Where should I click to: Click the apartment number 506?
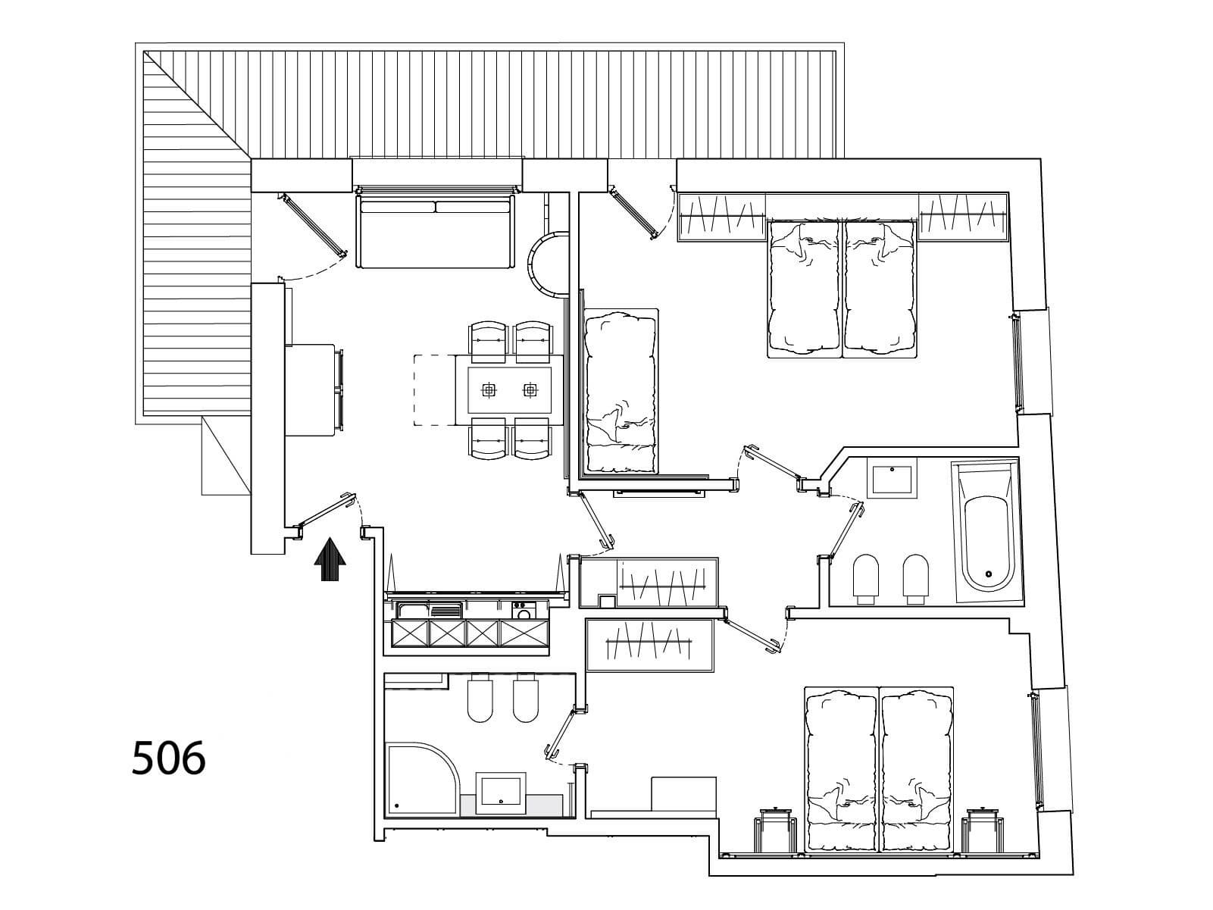[168, 758]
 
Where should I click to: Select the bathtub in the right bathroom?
[986, 533]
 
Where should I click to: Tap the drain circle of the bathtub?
[989, 574]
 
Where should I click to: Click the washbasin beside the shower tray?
[501, 793]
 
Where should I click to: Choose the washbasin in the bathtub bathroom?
[891, 478]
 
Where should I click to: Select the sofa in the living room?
[436, 230]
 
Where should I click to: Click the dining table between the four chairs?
[509, 390]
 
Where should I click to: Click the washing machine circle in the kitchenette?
[522, 613]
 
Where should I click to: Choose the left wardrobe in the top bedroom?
[722, 217]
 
